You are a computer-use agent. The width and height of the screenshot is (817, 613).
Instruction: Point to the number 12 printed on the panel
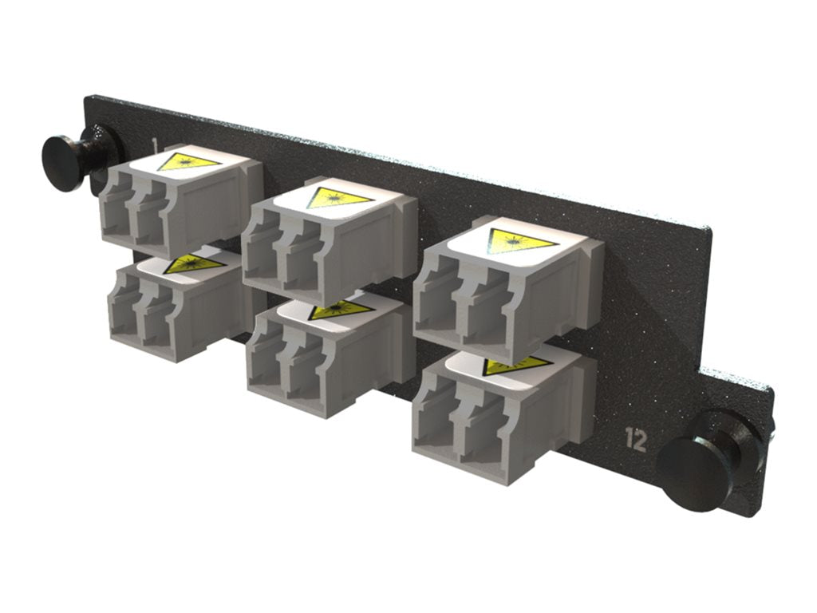coord(636,441)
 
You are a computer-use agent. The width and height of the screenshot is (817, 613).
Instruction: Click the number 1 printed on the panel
coord(154,144)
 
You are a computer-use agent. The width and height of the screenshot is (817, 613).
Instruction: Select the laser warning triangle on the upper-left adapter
coord(188,162)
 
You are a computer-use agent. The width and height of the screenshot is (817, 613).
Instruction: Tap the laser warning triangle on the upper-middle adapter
coord(338,197)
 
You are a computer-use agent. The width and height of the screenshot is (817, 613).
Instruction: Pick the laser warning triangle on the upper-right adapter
coord(521,239)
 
